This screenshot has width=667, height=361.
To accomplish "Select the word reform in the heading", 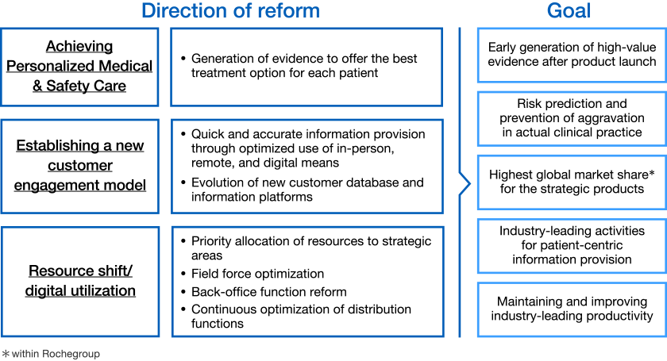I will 287,11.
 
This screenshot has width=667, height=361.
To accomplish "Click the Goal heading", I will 569,11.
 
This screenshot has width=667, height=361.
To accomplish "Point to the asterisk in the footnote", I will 5,353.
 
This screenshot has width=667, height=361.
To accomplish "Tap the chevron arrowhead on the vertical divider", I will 466,184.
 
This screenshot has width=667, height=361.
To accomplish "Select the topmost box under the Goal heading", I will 571,55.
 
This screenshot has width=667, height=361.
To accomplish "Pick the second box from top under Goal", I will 571,119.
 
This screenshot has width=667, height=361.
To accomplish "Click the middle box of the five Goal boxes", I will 571,182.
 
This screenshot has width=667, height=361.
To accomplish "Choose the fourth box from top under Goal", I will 571,246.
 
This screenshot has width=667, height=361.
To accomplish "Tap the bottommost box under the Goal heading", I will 571,309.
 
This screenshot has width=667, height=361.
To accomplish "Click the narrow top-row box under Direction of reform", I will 79,67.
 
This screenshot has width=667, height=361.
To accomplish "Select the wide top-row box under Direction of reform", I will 307,67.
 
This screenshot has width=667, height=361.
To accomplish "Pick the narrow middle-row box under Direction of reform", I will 79,167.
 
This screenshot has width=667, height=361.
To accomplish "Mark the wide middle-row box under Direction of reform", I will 307,167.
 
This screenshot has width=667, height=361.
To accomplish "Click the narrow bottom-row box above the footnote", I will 79,282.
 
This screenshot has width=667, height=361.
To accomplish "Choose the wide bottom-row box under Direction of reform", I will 307,282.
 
